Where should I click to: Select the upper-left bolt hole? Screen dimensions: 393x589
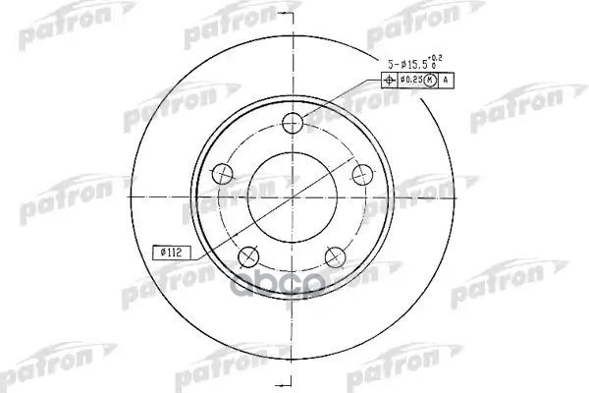point(224,174)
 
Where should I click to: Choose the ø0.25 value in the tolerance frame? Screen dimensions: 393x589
point(410,81)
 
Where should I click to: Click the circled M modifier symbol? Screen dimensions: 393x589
point(428,81)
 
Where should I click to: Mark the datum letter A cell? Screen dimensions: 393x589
point(447,81)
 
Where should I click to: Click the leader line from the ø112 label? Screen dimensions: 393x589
point(211,243)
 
